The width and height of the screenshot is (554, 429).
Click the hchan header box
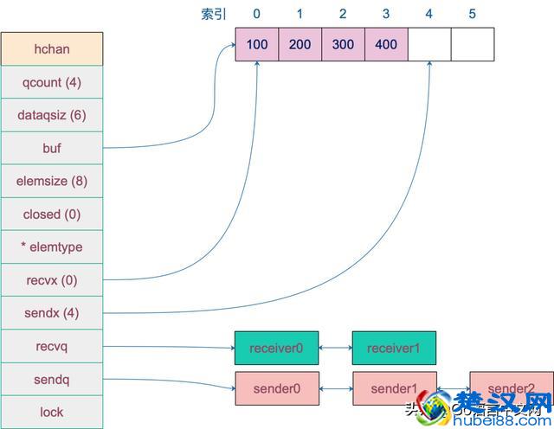[x=52, y=49]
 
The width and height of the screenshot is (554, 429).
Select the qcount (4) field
[x=52, y=82]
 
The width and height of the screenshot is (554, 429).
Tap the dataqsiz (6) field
[x=52, y=115]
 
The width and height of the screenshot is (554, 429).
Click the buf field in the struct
[x=52, y=148]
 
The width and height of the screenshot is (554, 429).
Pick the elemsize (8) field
[x=52, y=182]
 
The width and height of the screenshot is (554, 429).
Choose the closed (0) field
[x=52, y=214]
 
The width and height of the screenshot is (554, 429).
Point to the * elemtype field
[x=52, y=247]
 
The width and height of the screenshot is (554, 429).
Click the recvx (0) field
[x=52, y=280]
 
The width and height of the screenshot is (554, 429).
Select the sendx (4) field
[x=52, y=313]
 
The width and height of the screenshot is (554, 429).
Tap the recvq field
[x=52, y=346]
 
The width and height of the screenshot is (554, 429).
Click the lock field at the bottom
[x=52, y=412]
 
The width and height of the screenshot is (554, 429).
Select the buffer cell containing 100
[x=257, y=44]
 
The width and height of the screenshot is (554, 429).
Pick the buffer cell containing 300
[x=343, y=44]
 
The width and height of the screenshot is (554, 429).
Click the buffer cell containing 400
[x=386, y=44]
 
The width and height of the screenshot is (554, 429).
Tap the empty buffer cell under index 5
[x=473, y=44]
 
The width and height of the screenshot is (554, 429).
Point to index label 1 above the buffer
[x=300, y=14]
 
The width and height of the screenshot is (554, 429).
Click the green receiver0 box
[x=276, y=348]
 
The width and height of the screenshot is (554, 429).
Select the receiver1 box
[x=394, y=348]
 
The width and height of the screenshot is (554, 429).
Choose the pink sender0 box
[x=276, y=388]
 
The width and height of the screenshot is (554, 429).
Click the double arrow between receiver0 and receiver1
[x=335, y=348]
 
